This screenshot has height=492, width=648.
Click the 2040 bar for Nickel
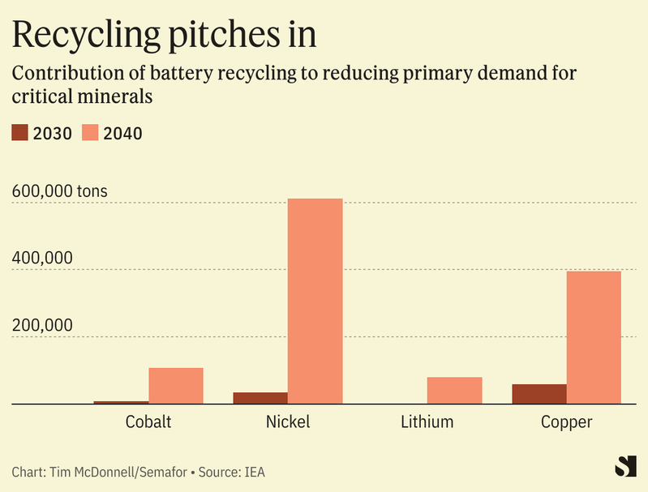tap(315, 301)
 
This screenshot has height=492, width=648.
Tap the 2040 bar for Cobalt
tap(176, 385)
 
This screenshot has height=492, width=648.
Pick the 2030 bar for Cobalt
tap(121, 401)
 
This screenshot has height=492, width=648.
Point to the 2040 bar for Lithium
tap(454, 390)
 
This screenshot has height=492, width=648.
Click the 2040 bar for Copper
tap(594, 336)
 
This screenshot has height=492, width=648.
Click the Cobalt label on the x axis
tap(148, 422)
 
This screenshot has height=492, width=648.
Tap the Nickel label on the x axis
tap(288, 422)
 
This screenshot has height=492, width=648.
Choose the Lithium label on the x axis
tap(427, 422)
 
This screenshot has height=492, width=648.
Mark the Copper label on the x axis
tap(566, 422)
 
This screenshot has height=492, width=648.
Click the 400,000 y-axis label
tap(42, 259)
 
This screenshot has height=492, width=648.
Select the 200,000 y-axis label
tap(42, 325)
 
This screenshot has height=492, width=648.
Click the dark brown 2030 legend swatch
tap(20, 133)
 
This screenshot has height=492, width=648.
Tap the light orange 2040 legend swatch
tap(90, 133)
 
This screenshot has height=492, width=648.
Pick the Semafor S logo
tap(624, 467)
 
